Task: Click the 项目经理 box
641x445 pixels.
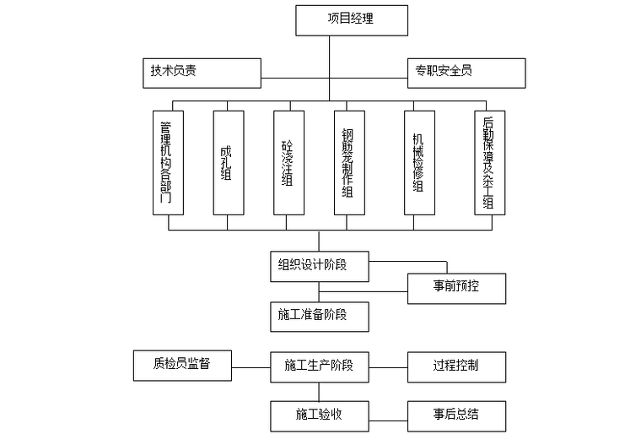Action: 351,19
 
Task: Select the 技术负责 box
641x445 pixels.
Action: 201,72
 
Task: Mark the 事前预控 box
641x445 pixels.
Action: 456,288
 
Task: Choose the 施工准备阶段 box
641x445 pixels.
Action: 319,316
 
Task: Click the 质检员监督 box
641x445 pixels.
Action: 182,366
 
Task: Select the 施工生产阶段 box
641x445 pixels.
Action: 319,366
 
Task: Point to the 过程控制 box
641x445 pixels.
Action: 456,366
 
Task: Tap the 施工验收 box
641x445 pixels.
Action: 319,415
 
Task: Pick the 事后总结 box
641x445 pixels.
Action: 456,415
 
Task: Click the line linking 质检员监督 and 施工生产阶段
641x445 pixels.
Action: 250,366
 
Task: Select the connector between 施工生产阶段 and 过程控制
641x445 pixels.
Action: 388,366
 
